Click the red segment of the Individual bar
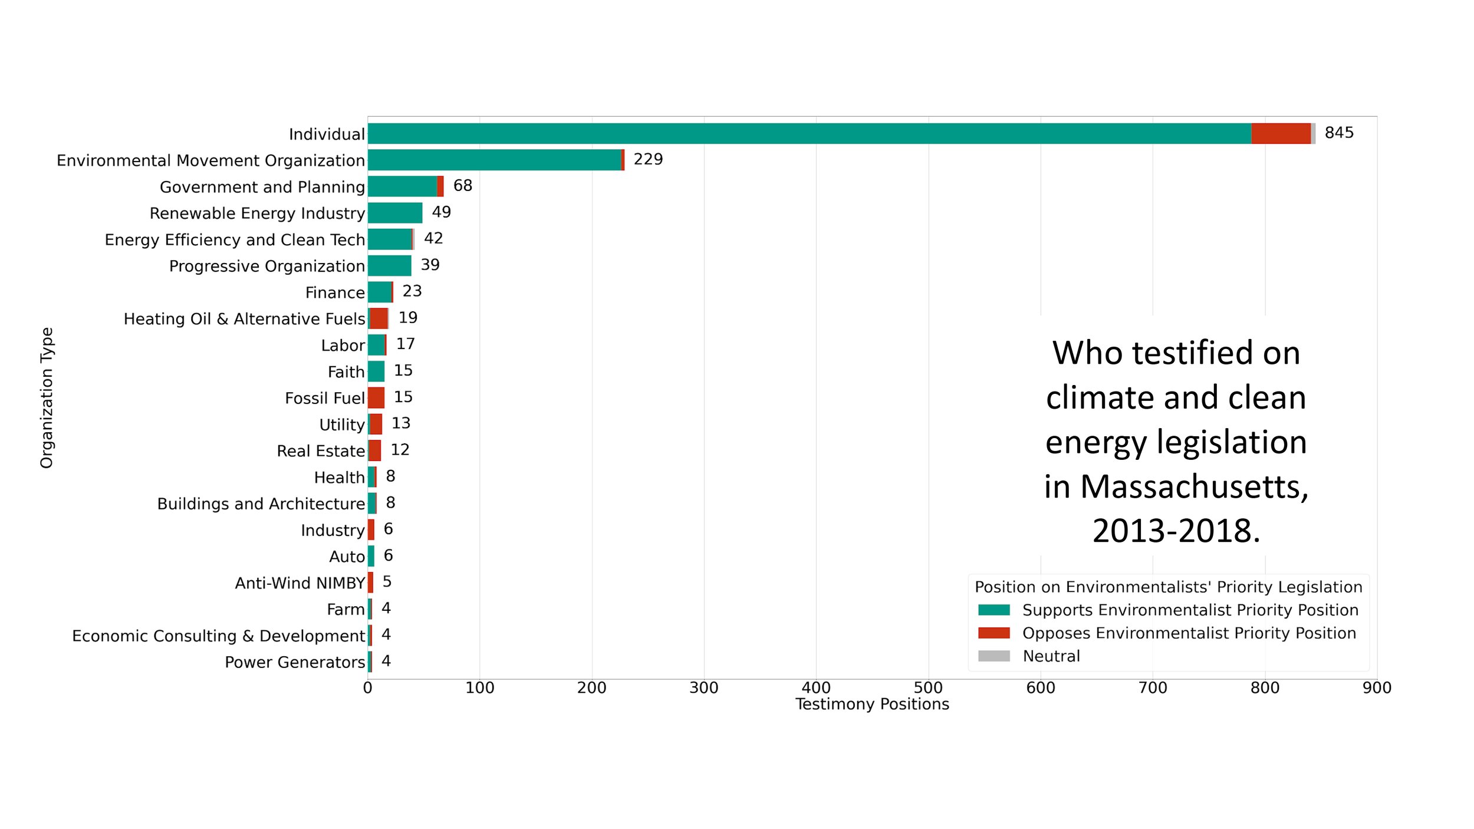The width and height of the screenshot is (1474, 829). coord(1281,133)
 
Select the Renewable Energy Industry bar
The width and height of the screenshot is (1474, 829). coord(395,213)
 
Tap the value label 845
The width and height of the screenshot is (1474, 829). coord(1339,133)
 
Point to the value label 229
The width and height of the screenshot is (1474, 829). coord(648,159)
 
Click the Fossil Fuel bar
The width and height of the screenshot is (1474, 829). coord(376,398)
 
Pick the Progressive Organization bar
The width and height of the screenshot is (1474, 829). coord(390,266)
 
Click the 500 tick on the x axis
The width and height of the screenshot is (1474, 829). coord(929,687)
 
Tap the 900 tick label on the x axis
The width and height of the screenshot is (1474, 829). coord(1377,687)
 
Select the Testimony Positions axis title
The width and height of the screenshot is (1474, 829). coord(872,705)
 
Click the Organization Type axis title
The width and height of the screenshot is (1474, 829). coord(47,398)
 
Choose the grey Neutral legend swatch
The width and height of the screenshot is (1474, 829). coord(994,656)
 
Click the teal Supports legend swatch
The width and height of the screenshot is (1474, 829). coord(994,610)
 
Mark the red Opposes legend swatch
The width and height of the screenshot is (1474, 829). coord(994,633)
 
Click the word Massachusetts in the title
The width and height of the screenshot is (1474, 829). coord(1194,487)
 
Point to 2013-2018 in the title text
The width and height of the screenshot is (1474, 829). coord(1176,531)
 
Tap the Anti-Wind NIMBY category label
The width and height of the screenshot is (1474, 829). coord(300,583)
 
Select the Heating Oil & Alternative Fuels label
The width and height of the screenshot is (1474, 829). coord(245,319)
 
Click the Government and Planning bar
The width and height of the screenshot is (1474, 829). coord(406,186)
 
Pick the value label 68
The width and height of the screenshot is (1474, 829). coord(463,186)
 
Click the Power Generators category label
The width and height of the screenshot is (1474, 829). coord(295,663)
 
